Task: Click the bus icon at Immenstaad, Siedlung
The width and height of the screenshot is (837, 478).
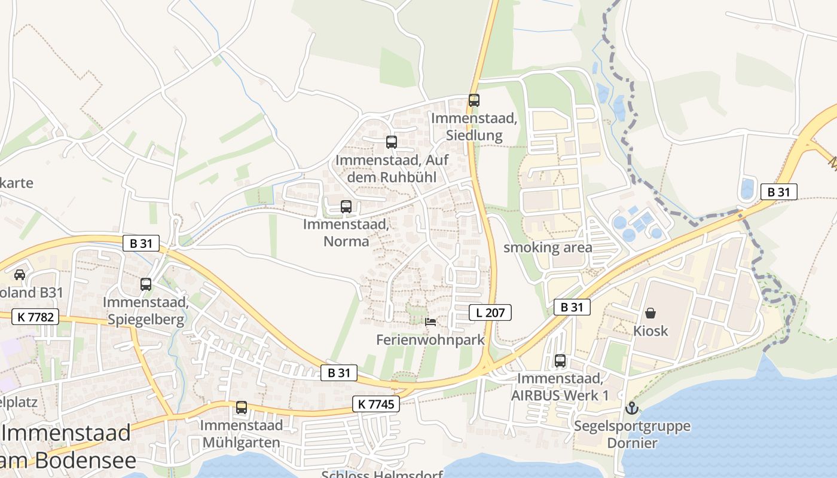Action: click(x=474, y=100)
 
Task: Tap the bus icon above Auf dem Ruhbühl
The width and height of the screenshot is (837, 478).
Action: click(x=392, y=142)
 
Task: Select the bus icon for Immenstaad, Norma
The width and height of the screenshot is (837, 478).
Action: click(x=346, y=207)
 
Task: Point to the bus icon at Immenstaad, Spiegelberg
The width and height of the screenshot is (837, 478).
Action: click(x=146, y=284)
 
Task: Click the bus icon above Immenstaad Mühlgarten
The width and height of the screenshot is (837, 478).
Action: click(x=242, y=407)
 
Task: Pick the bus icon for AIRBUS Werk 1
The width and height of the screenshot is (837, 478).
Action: click(x=560, y=361)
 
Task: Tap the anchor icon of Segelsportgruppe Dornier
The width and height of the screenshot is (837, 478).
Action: click(x=631, y=409)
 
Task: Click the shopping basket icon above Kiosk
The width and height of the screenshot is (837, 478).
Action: click(x=650, y=313)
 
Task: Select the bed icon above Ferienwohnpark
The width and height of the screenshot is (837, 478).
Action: click(x=430, y=322)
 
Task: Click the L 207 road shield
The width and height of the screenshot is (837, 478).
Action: click(x=490, y=312)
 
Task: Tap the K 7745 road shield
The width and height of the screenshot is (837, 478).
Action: click(x=375, y=404)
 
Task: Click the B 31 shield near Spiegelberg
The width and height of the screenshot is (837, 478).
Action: click(x=141, y=243)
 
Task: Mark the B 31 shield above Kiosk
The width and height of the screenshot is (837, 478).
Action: click(x=572, y=307)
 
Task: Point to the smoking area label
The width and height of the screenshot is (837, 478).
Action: click(x=548, y=247)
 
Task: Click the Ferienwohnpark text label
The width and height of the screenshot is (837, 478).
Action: click(x=430, y=339)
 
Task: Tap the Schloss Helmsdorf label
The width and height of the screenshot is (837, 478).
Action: click(x=382, y=474)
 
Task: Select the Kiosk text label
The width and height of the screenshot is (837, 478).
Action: click(x=650, y=330)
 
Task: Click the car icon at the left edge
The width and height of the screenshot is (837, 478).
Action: click(x=20, y=274)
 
